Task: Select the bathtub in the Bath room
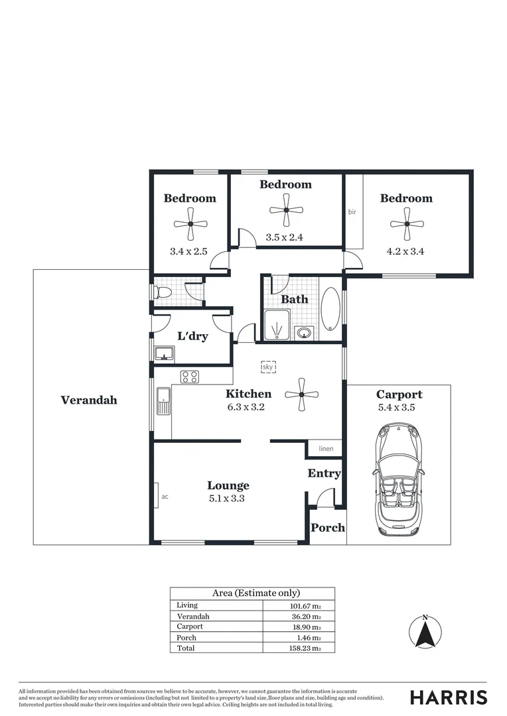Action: (x=330, y=309)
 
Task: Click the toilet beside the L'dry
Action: (x=161, y=292)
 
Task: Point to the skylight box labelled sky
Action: (x=268, y=367)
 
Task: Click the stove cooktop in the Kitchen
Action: (x=189, y=377)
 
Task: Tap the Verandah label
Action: (x=89, y=400)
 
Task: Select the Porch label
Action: (x=328, y=528)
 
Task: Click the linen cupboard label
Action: (x=326, y=449)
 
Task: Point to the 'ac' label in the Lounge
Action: (x=165, y=495)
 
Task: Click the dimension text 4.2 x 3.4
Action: (x=405, y=251)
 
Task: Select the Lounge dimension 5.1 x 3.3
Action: (x=226, y=499)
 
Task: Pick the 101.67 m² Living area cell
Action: (x=304, y=606)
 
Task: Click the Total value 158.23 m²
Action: (x=304, y=648)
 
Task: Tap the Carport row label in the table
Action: (x=190, y=626)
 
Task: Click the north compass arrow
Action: (x=425, y=632)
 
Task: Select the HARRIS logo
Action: (x=448, y=697)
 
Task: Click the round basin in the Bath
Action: (x=305, y=332)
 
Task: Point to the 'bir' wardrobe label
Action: (x=352, y=212)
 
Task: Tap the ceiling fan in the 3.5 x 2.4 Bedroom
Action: (x=286, y=210)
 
